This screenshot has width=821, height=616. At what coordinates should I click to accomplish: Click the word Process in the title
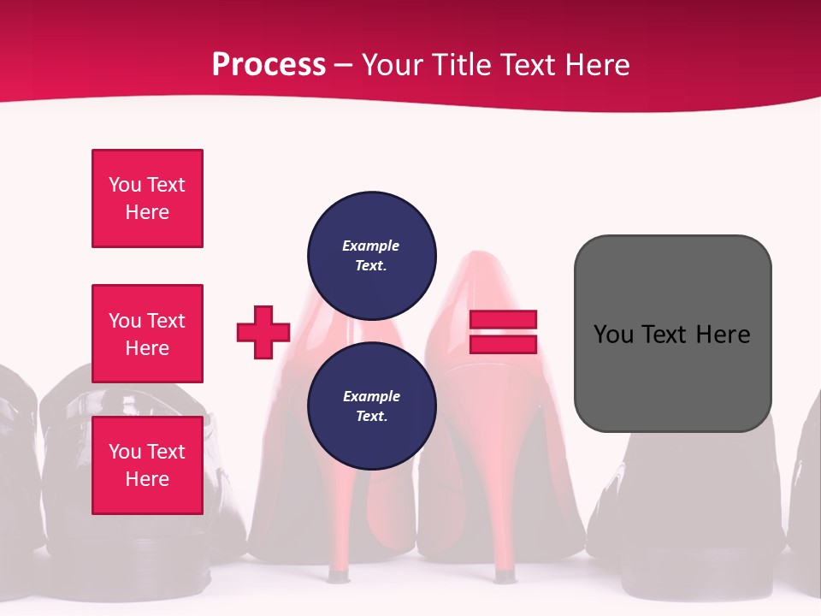tap(269, 64)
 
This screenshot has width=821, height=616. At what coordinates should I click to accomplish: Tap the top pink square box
tap(147, 198)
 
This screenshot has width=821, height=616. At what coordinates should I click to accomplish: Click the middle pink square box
tap(147, 334)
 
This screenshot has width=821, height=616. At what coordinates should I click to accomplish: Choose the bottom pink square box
tap(147, 465)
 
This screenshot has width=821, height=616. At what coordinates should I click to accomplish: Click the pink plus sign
tap(263, 332)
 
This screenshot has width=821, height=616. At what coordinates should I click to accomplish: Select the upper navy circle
tap(372, 255)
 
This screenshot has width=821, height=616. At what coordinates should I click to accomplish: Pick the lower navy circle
tap(372, 406)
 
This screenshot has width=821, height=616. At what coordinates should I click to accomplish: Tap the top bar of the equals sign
tap(503, 320)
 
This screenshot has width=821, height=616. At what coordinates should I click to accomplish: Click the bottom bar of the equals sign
tap(503, 344)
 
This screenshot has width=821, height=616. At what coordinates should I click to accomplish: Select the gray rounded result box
tap(672, 334)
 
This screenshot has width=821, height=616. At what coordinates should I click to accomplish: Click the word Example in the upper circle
tap(371, 246)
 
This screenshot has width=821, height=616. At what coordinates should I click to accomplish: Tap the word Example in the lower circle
tap(371, 396)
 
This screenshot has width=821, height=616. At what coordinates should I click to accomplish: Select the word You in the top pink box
tap(125, 185)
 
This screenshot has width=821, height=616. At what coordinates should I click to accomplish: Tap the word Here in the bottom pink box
tap(147, 479)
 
